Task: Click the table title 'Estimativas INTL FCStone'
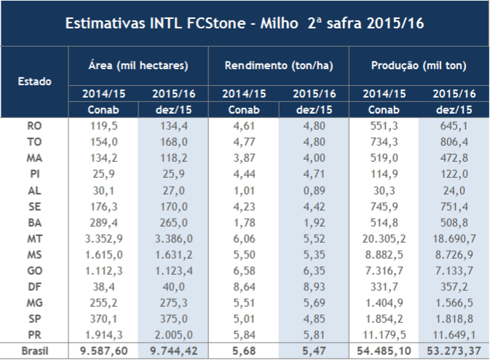coord(245,23)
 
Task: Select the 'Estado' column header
coord(34,81)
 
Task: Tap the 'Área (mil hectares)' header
coord(138,66)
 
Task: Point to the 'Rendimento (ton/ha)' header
coord(279,66)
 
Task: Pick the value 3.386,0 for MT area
coord(173,238)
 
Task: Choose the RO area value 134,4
coord(173,125)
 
